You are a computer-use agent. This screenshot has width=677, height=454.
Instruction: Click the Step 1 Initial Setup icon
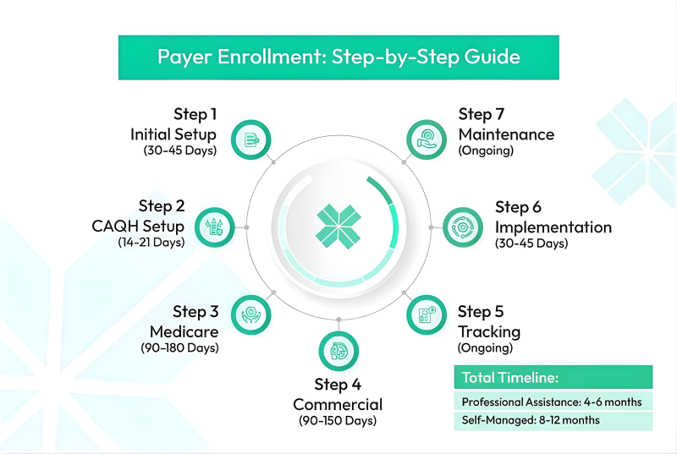point(250,139)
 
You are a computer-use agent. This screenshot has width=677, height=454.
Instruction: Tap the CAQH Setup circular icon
point(215,227)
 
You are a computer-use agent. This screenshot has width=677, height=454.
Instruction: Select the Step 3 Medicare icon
point(250,315)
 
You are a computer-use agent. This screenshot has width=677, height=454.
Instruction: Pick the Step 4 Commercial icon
point(338,351)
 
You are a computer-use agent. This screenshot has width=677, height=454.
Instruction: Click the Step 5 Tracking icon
point(427,315)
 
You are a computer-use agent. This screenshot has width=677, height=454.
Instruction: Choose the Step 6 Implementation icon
point(463,227)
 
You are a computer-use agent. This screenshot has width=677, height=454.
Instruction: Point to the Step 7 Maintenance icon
point(427,139)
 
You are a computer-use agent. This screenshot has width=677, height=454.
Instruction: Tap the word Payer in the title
point(184,57)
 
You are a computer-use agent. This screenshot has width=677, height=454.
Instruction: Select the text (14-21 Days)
point(151,243)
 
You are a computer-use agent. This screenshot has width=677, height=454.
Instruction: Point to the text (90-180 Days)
point(179,347)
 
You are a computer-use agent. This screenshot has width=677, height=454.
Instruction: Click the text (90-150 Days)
point(338,420)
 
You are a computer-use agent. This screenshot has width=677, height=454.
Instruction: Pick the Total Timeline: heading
point(510,378)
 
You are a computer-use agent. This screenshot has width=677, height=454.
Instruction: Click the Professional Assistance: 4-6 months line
point(552,402)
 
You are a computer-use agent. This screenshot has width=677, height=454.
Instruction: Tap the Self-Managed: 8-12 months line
point(531,420)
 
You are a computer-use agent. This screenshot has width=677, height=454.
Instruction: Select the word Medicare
point(184,331)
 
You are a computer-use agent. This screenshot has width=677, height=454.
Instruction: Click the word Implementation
point(553,227)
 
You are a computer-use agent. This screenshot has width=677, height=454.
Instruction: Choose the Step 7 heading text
point(482,114)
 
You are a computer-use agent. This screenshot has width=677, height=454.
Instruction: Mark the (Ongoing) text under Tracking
point(485,347)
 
